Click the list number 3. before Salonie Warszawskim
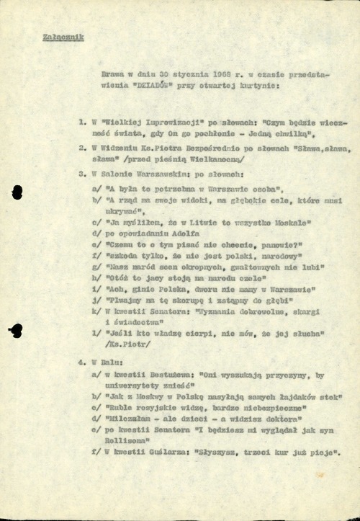[x=83, y=174]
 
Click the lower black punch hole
[x=16, y=329]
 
